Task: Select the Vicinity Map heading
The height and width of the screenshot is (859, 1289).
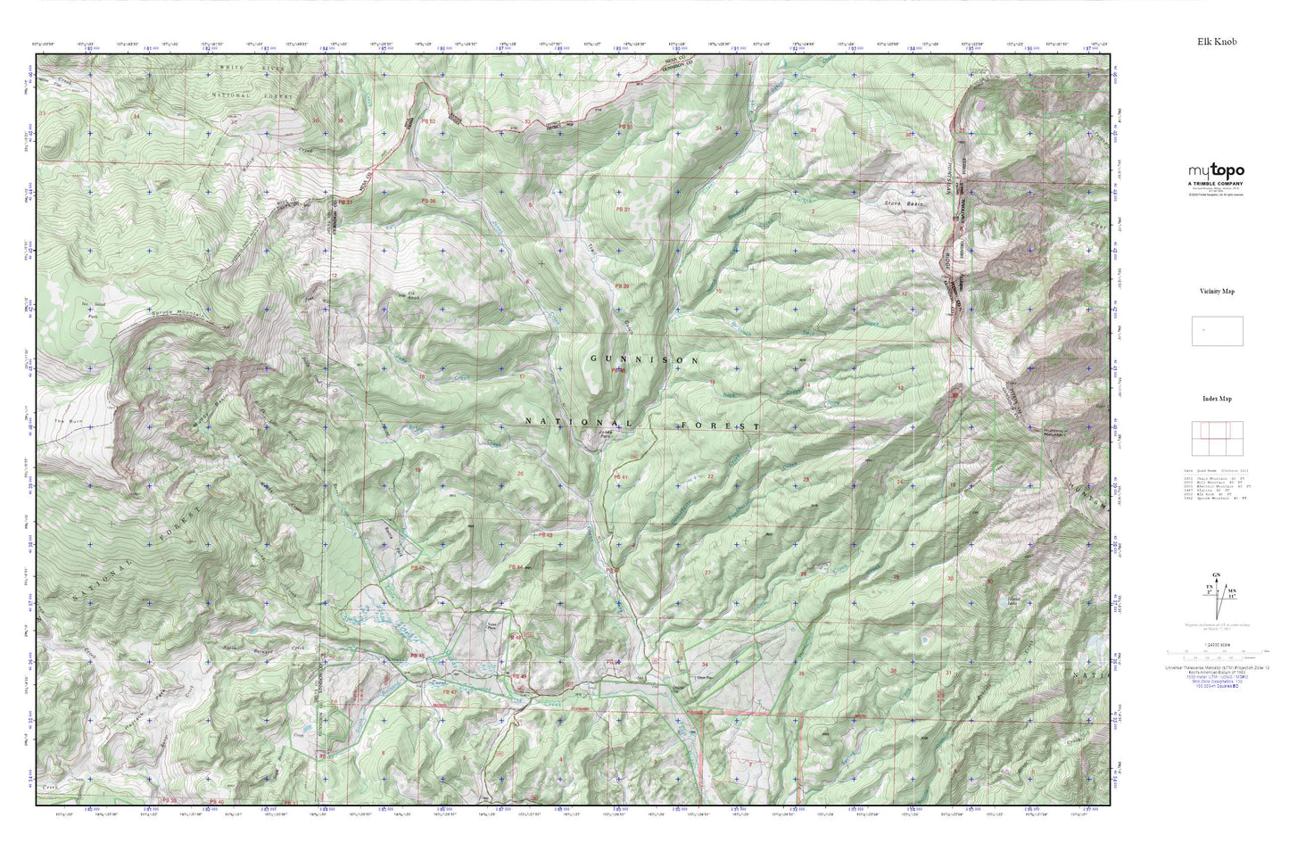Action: (1217, 291)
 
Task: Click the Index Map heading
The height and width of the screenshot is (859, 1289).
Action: (1217, 399)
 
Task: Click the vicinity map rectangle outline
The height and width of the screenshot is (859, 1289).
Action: (1217, 331)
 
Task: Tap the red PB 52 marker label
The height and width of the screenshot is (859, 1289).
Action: (429, 121)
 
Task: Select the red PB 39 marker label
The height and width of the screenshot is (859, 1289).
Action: (622, 285)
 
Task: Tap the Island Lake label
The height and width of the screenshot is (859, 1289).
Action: (989, 600)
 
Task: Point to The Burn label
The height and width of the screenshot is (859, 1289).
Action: (61, 421)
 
